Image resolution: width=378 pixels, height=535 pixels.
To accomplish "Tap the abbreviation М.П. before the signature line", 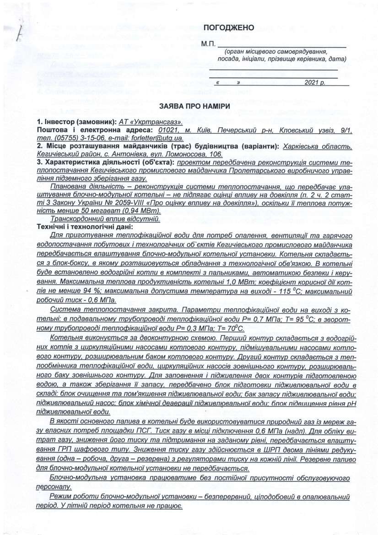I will coord(208,45).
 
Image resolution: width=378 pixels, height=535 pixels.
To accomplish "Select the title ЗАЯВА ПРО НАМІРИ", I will coord(189,106).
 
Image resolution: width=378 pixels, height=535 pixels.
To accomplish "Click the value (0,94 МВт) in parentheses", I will coord(137,211).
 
